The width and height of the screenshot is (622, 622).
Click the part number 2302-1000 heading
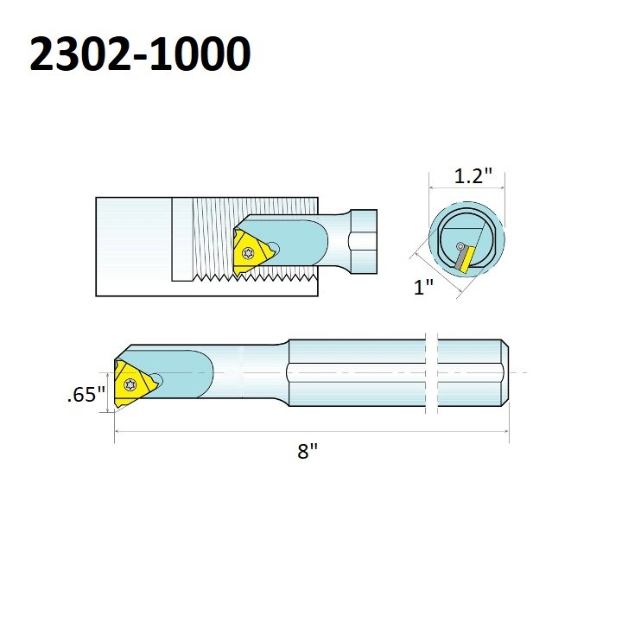pos(140,55)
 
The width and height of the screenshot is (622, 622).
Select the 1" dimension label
pos(422,289)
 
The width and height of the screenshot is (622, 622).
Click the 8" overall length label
pos(308,451)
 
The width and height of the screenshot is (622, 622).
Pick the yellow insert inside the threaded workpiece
pos(251,253)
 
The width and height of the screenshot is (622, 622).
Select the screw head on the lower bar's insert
pos(130,382)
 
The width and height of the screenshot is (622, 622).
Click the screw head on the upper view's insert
pos(250,254)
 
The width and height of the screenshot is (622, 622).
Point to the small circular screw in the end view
pos(460,247)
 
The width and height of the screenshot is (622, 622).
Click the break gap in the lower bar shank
pos(433,372)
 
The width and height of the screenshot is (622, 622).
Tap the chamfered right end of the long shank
pos(505,372)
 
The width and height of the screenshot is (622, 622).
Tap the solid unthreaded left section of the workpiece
pos(133,246)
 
